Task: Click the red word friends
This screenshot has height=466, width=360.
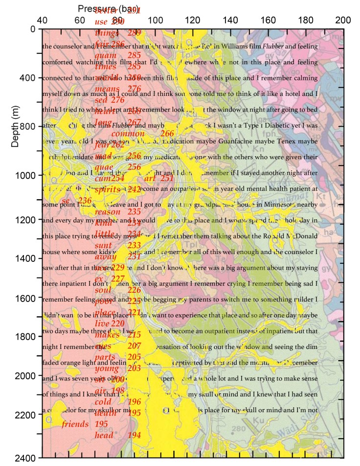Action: (x=75, y=424)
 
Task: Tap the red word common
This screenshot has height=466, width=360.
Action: (x=128, y=134)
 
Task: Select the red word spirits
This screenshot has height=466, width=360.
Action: (x=107, y=189)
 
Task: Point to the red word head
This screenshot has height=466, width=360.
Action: (x=104, y=435)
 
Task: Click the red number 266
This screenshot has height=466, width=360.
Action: (x=167, y=134)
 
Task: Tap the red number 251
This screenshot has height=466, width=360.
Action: (x=167, y=179)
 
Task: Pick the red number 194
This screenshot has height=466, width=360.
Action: (x=134, y=435)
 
